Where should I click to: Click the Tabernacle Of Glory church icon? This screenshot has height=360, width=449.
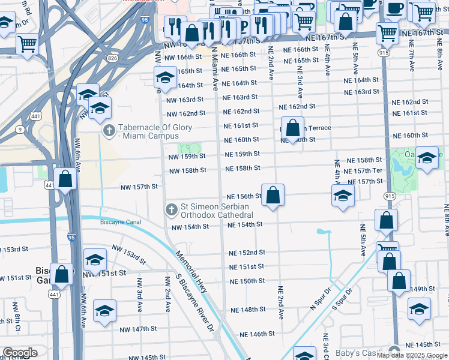click(x=109, y=130)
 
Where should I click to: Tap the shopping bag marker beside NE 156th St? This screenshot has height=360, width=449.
click(x=273, y=196)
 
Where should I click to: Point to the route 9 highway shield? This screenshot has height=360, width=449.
click(x=20, y=128)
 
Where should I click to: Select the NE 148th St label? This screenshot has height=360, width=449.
click(x=249, y=310)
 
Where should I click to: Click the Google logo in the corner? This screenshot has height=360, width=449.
click(x=20, y=353)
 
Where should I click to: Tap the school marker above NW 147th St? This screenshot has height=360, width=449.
click(x=104, y=311)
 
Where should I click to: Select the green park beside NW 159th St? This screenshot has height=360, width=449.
click(x=189, y=148)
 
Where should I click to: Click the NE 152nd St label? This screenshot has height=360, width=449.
click(x=247, y=253)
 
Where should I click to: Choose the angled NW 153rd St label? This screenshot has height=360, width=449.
click(x=129, y=254)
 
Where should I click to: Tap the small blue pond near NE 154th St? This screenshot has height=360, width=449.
click(x=324, y=231)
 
